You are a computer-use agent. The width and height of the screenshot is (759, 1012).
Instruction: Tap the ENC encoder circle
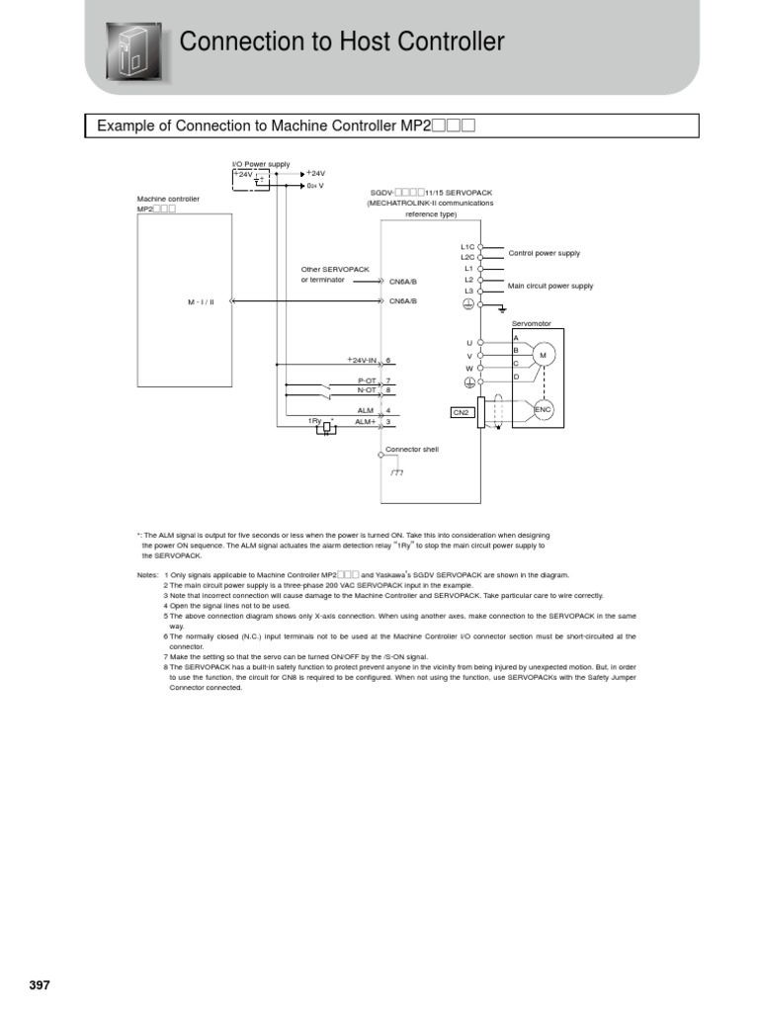(x=544, y=408)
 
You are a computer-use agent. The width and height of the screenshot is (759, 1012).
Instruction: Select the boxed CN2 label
(x=462, y=413)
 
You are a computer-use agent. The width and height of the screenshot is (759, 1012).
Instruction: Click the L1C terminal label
(x=467, y=246)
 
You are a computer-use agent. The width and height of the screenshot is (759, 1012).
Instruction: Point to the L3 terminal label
(x=469, y=291)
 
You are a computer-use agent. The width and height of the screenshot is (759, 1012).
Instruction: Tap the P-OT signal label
(x=367, y=380)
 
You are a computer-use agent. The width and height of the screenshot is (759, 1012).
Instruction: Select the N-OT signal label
(x=367, y=390)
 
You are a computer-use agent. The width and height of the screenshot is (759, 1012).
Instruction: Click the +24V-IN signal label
(x=363, y=361)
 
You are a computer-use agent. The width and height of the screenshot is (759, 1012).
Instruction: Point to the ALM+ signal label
(x=366, y=422)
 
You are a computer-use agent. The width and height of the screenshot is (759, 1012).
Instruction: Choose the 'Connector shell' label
(x=411, y=449)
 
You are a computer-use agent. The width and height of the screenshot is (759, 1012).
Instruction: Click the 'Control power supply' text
(x=544, y=253)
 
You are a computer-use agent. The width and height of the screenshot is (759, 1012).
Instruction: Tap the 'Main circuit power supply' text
(x=550, y=286)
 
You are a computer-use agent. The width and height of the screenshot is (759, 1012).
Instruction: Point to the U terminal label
(x=469, y=342)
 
